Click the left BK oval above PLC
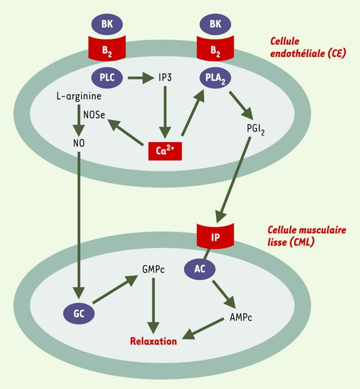coord(107,24)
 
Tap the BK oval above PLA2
coord(215,24)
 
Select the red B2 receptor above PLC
coord(107,49)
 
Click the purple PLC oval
coord(107,78)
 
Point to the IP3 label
coord(165,78)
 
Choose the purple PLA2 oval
coord(215,78)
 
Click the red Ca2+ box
coord(165,151)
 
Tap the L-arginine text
coord(79,96)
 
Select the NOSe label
coord(94,115)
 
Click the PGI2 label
coord(255,129)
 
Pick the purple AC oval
coord(200,269)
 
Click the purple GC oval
coord(79,313)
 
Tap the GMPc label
coord(153,269)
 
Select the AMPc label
coord(241,317)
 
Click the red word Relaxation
coord(154,341)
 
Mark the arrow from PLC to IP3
coord(141,78)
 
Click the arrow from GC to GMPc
coord(115,289)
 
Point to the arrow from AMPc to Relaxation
coord(203,328)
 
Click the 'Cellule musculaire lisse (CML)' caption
coord(307,236)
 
